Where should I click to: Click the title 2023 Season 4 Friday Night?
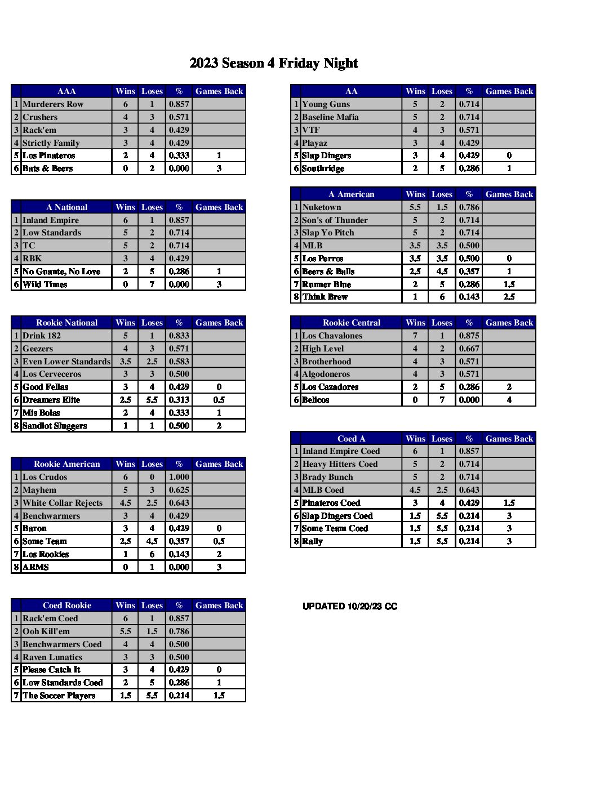pos(274,63)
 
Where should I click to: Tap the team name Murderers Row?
pos(53,104)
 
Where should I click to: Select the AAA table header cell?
pos(66,91)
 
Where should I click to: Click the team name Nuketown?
pos(322,207)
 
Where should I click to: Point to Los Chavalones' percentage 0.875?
pos(469,336)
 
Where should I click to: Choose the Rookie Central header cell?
pos(352,323)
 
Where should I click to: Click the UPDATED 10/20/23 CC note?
pos(350,607)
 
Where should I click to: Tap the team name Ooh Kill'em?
pos(46,631)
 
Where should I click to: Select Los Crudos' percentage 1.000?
pos(179,477)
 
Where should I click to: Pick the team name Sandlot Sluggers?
pos(55,426)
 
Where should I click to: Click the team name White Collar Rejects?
pos(63,503)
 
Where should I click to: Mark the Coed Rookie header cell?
pos(67,605)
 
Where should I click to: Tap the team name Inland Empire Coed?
pos(341,451)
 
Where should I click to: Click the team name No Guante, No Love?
pos(61,271)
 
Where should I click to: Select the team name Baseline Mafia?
pos(330,117)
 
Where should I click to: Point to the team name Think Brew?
pos(325,297)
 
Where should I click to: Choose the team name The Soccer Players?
pos(59,696)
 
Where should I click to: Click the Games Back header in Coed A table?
pos(509,439)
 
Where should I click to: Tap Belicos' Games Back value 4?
pos(509,400)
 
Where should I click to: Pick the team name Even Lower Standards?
pos(66,362)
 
